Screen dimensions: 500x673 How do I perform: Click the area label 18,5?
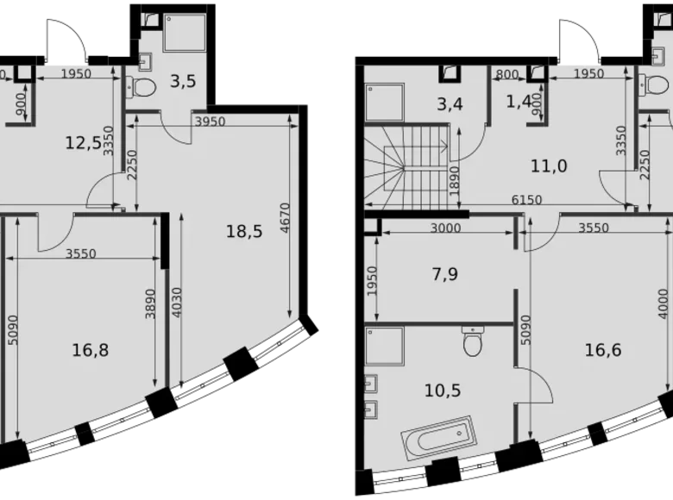pos(244,230)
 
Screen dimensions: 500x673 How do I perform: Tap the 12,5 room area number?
pos(84,142)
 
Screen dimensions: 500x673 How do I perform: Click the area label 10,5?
pos(443,390)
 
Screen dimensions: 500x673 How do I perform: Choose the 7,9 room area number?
pos(445,275)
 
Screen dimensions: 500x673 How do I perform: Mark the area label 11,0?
pos(548,166)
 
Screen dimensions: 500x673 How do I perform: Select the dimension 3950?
pos(210,122)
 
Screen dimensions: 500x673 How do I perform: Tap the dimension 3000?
pos(445,228)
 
